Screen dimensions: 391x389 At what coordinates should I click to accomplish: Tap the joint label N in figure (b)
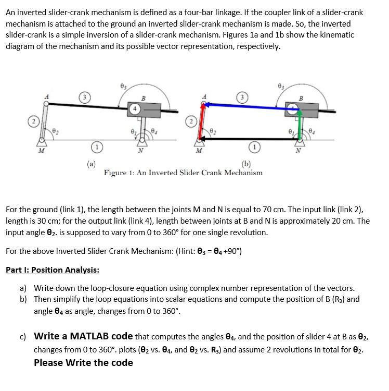point(298,152)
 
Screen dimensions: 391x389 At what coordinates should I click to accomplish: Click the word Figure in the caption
point(116,173)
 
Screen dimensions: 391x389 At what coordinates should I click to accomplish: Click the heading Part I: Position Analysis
point(53,270)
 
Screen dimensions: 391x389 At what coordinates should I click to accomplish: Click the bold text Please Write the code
point(83,363)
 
